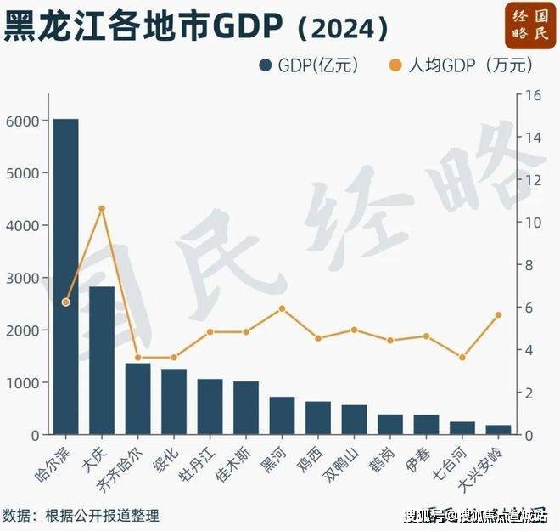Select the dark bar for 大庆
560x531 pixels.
[102, 360]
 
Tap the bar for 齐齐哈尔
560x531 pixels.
[137, 398]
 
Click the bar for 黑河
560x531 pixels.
[282, 415]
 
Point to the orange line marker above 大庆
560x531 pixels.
[102, 208]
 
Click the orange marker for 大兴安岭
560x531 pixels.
[498, 315]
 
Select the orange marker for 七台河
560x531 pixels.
[462, 358]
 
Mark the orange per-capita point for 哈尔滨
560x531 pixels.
[65, 302]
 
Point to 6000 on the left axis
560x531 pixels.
[23, 121]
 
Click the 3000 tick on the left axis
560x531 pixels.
[23, 278]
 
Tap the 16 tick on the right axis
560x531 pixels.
[532, 95]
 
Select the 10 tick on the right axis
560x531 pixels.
[532, 223]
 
